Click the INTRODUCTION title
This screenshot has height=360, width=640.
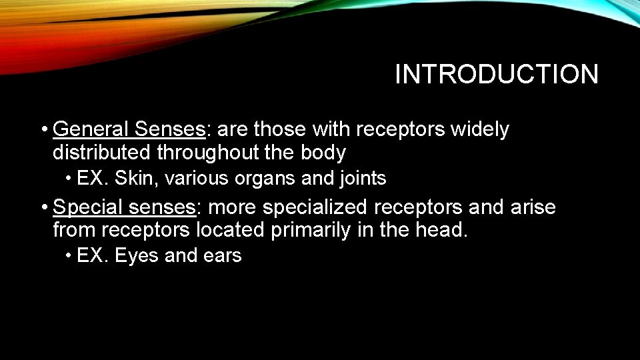[497, 75]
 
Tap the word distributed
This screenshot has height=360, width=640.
[102, 153]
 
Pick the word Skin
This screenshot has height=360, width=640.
[139, 179]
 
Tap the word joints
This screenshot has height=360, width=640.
[363, 179]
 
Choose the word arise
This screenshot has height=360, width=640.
[533, 207]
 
